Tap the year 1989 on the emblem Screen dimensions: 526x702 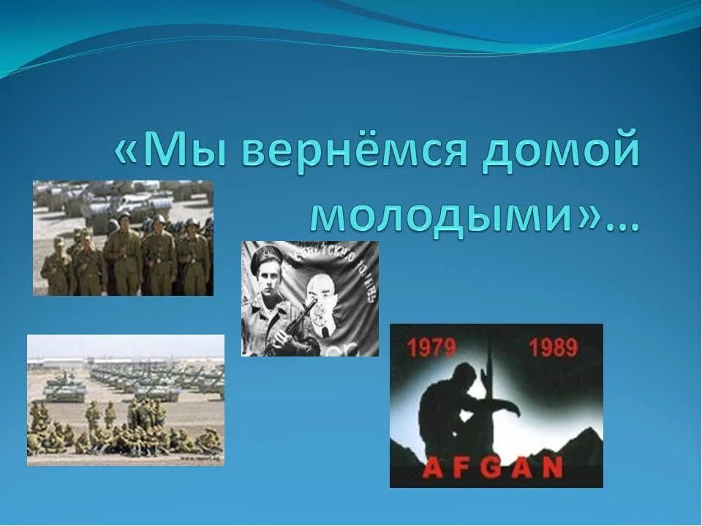pyautogui.click(x=553, y=348)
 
